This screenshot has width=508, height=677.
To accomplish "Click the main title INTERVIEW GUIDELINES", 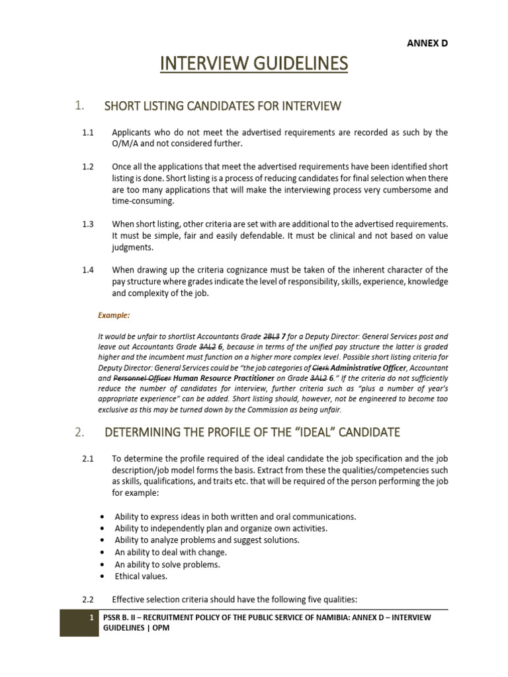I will (254, 64).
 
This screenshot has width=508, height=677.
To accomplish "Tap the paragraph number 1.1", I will (88, 133).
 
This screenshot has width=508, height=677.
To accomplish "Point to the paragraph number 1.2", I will (88, 167).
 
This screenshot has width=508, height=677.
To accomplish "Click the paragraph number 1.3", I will (88, 224).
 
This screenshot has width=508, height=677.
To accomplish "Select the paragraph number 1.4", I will (88, 270).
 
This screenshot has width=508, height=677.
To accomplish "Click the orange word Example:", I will (114, 316).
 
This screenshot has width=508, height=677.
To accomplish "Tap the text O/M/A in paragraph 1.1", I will (126, 144).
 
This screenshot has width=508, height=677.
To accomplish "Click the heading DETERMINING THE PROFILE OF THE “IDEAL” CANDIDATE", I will (252, 432).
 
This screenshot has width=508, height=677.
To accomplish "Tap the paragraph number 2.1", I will (88, 458).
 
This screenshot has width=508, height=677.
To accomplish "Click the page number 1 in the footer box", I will (91, 617).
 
